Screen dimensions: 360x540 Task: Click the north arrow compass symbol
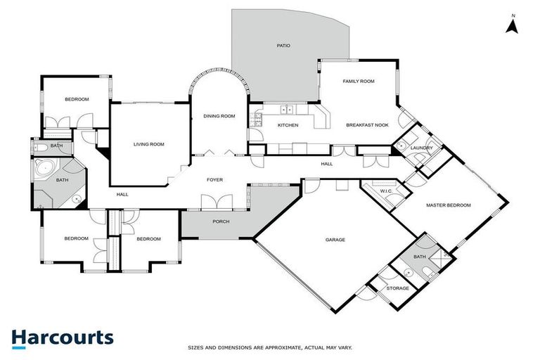click(x=513, y=25)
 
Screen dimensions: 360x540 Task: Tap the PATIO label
click(x=283, y=46)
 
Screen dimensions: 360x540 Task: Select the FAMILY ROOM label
click(x=358, y=82)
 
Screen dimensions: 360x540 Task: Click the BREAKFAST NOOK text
click(x=367, y=125)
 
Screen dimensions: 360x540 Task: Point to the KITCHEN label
click(x=288, y=125)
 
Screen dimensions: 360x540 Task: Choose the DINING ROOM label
click(x=219, y=115)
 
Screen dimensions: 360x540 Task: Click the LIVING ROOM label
click(x=148, y=144)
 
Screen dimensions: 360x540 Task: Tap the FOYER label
click(x=214, y=180)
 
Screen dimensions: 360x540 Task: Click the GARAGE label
click(x=335, y=240)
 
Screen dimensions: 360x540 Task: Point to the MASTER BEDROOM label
click(x=448, y=205)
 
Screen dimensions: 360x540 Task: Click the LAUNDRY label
click(x=422, y=148)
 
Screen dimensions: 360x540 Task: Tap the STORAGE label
click(x=398, y=288)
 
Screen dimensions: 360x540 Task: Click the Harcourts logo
click(x=63, y=337)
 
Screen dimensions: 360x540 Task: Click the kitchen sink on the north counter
click(x=286, y=110)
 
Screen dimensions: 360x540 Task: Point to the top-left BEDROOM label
click(x=77, y=99)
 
